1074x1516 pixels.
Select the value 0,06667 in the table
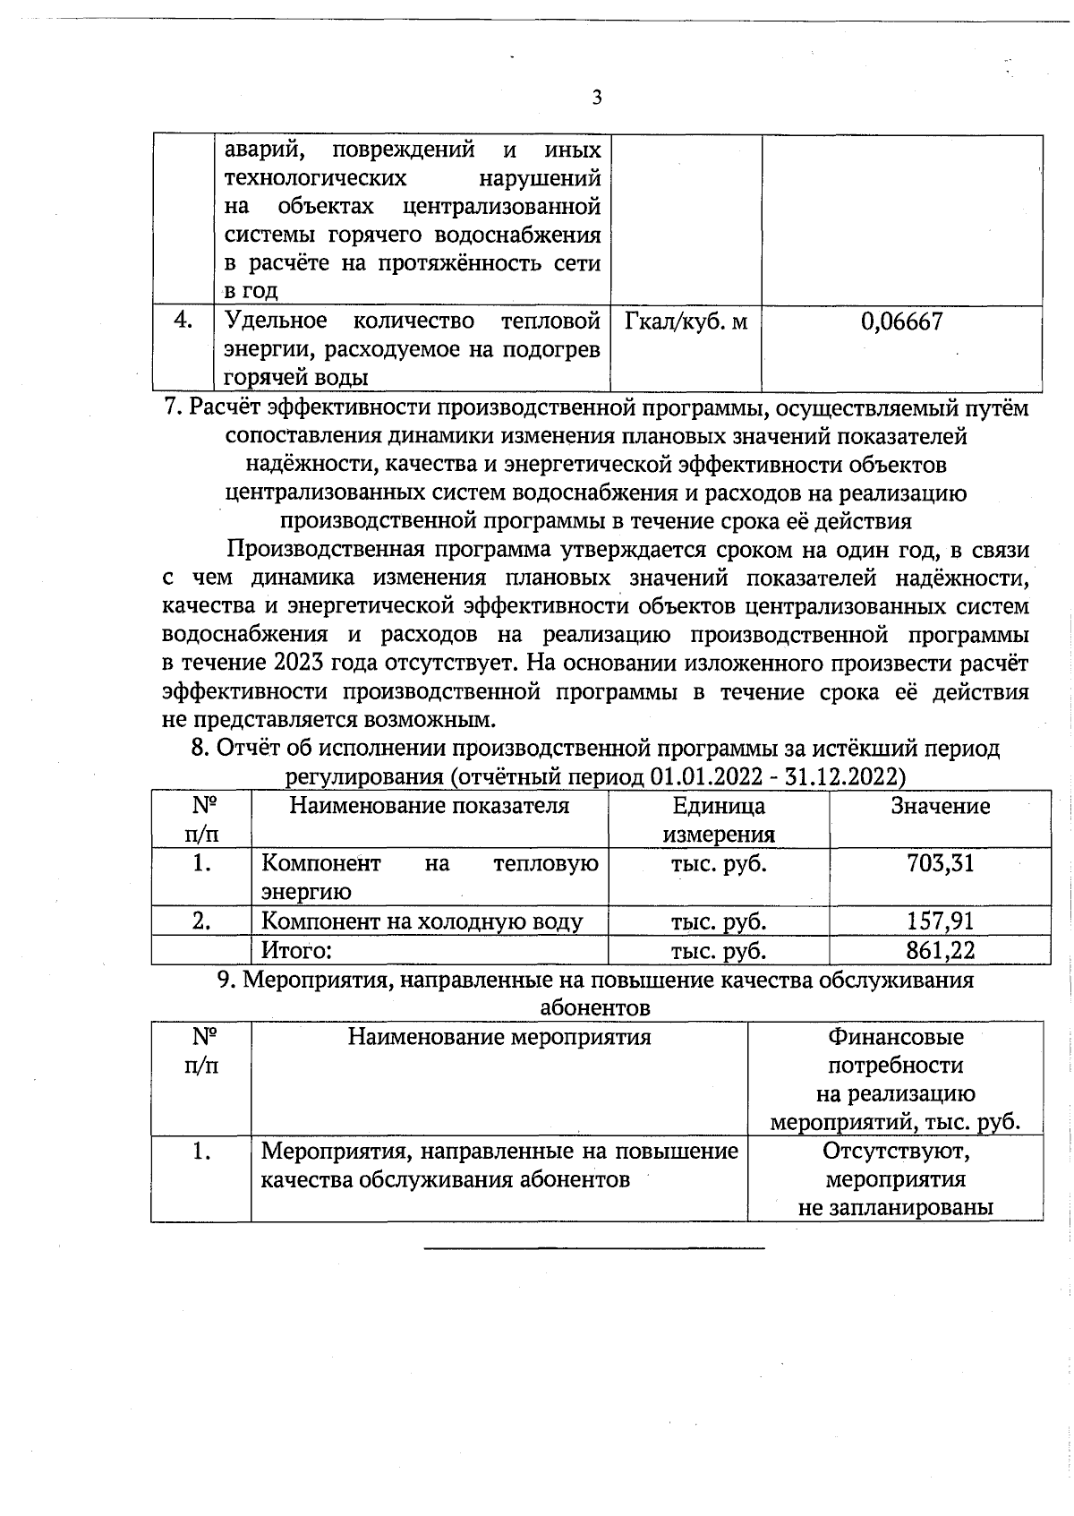(901, 321)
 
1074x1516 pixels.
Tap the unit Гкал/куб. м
(686, 321)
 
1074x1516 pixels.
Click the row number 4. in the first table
(183, 320)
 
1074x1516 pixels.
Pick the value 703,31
(940, 863)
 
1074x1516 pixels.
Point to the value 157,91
(940, 921)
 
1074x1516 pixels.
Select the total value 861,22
(940, 950)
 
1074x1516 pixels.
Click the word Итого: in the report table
(296, 950)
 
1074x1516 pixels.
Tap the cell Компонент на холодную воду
(422, 921)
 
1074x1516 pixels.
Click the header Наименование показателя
(429, 806)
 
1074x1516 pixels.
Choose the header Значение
(940, 806)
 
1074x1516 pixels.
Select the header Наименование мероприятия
(499, 1037)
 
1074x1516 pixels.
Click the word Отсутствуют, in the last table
(896, 1151)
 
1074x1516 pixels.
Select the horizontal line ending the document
(593, 1247)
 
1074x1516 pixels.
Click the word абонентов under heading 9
(595, 1008)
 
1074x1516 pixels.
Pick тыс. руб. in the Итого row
(719, 950)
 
